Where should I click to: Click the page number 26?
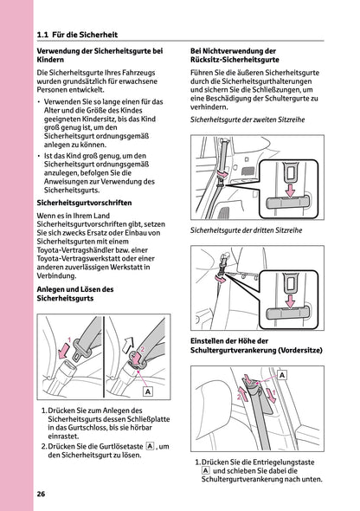41,494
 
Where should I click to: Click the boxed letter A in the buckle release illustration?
148,391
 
